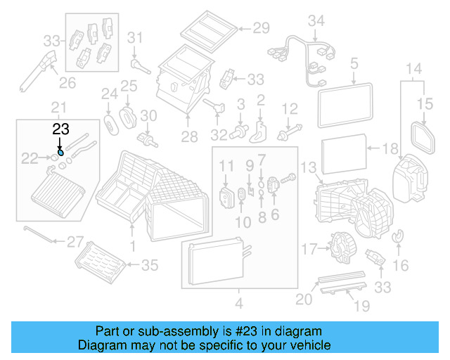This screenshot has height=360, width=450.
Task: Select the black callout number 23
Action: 61,129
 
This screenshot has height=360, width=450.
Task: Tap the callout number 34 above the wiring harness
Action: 316,21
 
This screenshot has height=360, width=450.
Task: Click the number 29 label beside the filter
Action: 261,29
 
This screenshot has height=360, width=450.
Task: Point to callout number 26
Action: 67,84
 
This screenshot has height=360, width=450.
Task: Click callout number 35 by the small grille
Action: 150,265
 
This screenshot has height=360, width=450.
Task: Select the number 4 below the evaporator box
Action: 238,304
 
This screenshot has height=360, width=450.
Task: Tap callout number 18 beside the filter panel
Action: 390,148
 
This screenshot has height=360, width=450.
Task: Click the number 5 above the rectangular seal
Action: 354,65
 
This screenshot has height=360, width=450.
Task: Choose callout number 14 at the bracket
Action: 414,69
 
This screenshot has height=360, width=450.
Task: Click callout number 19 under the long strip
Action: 361,306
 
